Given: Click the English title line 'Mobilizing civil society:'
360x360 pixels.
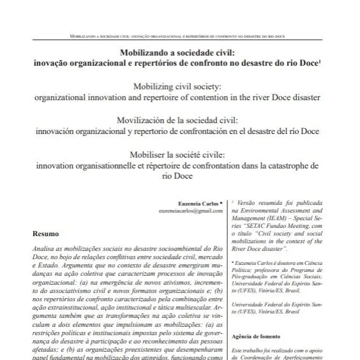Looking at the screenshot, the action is click(x=179, y=86).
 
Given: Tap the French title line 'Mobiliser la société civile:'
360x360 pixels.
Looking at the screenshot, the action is click(x=179, y=154).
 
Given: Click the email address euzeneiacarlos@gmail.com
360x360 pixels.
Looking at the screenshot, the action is click(x=191, y=211).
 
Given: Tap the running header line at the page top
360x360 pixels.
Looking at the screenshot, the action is click(x=179, y=36).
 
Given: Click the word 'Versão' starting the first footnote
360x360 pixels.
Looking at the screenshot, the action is click(x=246, y=201).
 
